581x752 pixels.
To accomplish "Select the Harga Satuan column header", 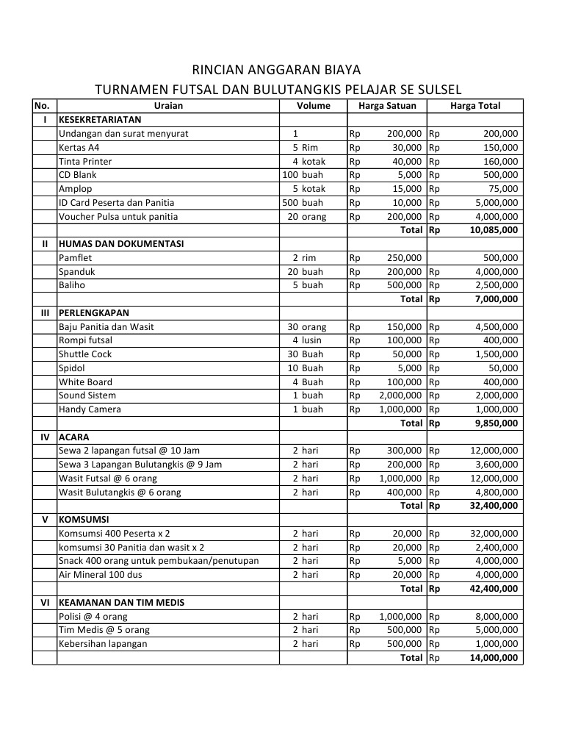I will point(386,106).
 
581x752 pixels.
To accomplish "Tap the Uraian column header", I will point(168,106).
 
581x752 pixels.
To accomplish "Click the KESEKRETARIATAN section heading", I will point(100,119).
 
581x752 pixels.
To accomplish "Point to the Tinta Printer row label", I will point(85,161).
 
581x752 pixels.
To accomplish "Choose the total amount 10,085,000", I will point(494,230).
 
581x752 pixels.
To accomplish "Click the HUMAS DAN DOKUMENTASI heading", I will point(121,243).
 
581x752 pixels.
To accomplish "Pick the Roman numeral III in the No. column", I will point(44,312).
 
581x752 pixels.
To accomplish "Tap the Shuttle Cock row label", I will point(85,354).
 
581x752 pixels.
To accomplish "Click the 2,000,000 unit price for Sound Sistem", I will point(400,395).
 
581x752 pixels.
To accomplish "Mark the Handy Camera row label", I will point(90,409).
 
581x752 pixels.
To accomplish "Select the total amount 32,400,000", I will point(494,506).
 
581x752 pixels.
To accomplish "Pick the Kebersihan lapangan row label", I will point(103,644).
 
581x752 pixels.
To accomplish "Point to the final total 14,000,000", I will point(494,658).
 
